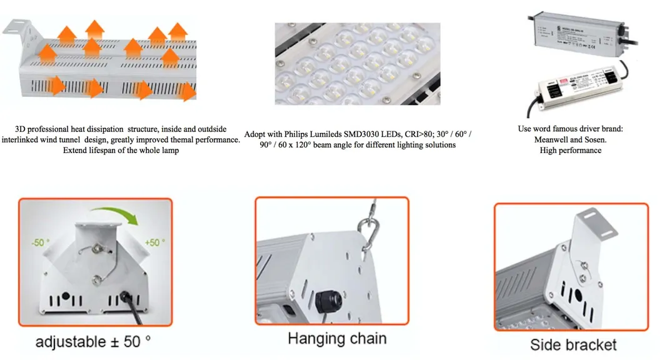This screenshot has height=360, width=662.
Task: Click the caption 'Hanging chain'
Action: [x=337, y=339]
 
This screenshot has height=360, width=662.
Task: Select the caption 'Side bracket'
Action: [x=573, y=344]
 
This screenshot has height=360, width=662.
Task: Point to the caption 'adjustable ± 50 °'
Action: [x=94, y=342]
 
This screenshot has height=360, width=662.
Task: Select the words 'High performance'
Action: [x=571, y=150]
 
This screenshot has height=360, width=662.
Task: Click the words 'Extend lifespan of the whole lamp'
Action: [x=121, y=150]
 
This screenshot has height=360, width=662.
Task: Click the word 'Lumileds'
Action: [x=331, y=134]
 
